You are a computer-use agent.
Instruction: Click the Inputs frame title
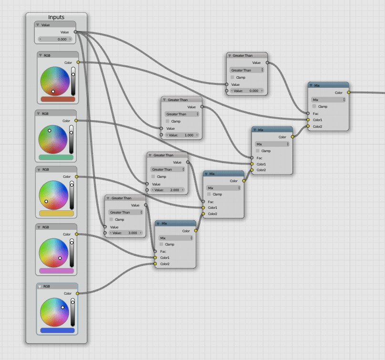click(x=56, y=17)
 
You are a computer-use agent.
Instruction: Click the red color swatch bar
click(x=58, y=99)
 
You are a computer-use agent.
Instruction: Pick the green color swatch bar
click(x=56, y=157)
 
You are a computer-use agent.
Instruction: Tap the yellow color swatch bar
click(x=56, y=214)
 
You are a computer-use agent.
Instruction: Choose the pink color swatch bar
click(x=56, y=271)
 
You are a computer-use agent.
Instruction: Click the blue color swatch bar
click(x=57, y=330)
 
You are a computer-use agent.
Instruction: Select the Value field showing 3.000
click(x=125, y=233)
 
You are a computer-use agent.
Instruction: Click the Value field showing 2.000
click(x=166, y=190)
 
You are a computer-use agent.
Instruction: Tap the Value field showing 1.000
click(x=181, y=135)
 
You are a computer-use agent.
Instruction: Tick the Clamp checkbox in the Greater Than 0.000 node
click(x=232, y=77)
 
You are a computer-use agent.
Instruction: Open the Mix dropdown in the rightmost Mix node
click(x=328, y=100)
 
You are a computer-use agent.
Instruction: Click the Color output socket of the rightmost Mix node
click(x=349, y=93)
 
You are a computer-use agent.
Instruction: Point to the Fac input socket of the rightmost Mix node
click(x=308, y=113)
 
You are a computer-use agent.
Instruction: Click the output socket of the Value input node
click(x=75, y=32)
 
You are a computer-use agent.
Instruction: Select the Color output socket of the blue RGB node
click(x=77, y=293)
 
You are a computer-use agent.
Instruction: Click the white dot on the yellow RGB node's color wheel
click(x=46, y=201)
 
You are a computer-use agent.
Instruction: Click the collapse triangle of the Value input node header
click(x=38, y=25)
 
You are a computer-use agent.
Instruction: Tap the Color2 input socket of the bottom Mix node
click(x=155, y=264)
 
